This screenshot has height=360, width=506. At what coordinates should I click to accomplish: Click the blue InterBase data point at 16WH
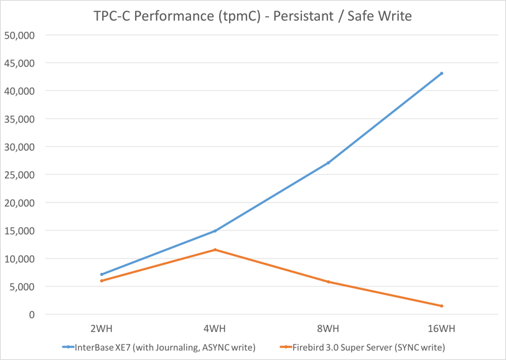(442, 73)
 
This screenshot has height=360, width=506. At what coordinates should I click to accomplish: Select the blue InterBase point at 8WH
(328, 163)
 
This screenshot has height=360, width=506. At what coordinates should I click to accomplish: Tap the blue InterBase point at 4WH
(215, 231)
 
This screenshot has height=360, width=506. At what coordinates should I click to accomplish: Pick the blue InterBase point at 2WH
(101, 274)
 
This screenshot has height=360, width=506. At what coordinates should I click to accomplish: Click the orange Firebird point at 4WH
(215, 250)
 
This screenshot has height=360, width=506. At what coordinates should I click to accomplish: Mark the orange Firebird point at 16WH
(442, 306)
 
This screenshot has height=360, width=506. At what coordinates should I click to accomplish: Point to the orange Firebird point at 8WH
(328, 282)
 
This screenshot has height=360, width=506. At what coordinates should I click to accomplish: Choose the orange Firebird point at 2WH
(101, 281)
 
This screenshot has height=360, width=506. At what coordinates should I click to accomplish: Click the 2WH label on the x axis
(101, 328)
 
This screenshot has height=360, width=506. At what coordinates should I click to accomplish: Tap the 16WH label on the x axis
(441, 328)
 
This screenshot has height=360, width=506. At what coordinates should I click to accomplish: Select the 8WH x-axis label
(328, 328)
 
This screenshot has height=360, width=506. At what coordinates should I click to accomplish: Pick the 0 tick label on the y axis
(32, 315)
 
